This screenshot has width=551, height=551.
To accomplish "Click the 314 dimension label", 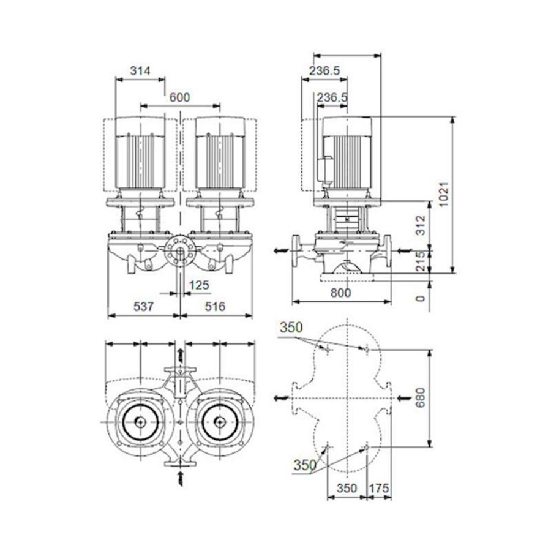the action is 140,71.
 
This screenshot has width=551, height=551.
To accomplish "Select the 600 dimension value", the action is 179,97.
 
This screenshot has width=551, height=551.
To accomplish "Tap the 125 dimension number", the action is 199,285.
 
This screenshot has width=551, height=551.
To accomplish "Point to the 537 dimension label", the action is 143,307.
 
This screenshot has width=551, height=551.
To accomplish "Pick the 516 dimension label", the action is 215,307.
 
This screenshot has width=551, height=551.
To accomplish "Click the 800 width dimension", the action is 340,293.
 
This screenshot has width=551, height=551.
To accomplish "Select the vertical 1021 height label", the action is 444,194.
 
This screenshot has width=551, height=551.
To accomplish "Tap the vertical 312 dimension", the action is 420,225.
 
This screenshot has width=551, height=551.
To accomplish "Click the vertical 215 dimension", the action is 420,261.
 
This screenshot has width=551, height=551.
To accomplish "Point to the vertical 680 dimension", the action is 420,397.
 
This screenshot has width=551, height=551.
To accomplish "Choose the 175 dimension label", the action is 379,488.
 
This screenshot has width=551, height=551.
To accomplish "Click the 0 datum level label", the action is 420,298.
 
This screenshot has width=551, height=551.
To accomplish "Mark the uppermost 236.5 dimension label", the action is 324,70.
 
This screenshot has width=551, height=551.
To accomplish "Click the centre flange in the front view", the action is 180,250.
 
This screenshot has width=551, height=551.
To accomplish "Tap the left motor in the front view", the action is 140,153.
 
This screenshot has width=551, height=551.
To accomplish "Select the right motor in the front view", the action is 220,153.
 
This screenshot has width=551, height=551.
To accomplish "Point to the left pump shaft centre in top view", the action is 140,422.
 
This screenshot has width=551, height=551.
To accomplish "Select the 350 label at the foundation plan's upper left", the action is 291,328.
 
